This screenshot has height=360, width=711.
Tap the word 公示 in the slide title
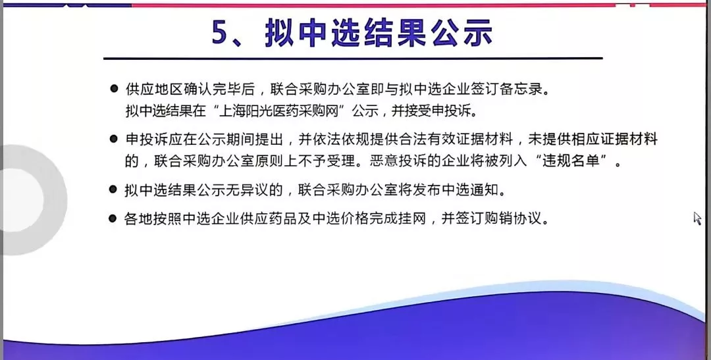coord(462,33)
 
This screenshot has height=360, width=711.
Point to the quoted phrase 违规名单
coord(571,161)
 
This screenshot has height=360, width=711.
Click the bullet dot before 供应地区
coord(114,88)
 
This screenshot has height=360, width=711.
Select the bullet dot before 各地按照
coord(113,219)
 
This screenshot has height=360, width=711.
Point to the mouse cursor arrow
coord(697,218)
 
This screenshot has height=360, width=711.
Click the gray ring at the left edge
coord(55,199)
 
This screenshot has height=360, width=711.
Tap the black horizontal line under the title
coord(353,59)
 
